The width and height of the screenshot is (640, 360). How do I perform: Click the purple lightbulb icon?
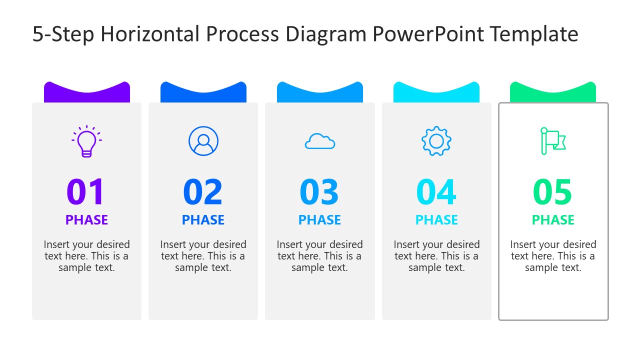[86, 141]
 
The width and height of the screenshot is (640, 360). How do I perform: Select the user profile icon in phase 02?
[203, 141]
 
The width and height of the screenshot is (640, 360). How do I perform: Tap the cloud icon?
[320, 141]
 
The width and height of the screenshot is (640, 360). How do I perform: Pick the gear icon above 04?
[436, 141]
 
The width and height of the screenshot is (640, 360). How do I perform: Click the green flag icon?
[552, 141]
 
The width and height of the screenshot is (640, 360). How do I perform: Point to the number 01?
[86, 192]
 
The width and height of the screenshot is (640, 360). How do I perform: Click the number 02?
[203, 192]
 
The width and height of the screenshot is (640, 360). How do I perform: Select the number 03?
[319, 192]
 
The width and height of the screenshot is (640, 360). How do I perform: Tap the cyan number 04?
[436, 192]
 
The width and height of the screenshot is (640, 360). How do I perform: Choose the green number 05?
[553, 192]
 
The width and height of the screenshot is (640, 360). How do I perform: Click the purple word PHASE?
[86, 220]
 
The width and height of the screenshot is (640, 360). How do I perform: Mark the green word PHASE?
[553, 220]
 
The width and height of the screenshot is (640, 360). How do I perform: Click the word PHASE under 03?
[319, 220]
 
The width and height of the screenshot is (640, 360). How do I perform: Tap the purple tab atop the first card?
[87, 94]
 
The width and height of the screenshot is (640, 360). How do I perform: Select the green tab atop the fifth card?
[553, 94]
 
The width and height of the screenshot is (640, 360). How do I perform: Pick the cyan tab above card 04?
[436, 94]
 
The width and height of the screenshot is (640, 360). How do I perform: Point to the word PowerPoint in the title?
[428, 34]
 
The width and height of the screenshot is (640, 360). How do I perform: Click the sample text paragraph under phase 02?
[203, 256]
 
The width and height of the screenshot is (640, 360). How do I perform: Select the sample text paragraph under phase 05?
[553, 256]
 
